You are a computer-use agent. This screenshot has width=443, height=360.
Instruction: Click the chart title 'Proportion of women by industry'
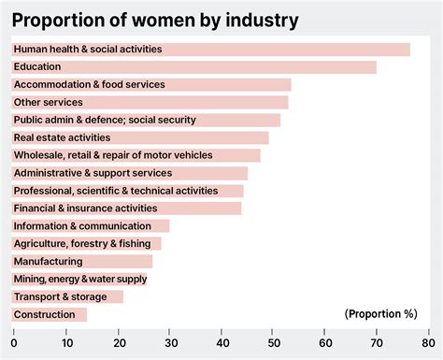tap(155, 19)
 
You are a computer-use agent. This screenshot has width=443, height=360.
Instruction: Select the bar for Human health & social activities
tap(280, 50)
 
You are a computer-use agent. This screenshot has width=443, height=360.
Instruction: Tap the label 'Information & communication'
tap(82, 226)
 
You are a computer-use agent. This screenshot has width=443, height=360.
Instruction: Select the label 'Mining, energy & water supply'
tap(80, 280)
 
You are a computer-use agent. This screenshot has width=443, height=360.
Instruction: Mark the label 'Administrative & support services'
tap(93, 173)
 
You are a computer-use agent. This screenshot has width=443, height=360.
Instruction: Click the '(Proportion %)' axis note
tap(380, 314)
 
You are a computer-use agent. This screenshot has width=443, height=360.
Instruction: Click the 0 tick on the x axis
tap(13, 342)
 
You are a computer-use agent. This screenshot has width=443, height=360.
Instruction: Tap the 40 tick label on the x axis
tap(221, 342)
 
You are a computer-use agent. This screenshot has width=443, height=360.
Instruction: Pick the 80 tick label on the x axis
tap(428, 342)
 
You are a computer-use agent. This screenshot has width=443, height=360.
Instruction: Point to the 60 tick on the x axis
tap(324, 342)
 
